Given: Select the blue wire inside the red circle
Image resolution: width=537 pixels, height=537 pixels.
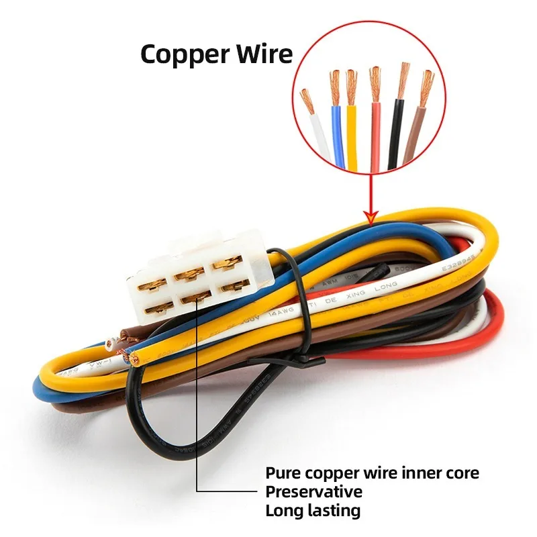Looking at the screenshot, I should (337, 134).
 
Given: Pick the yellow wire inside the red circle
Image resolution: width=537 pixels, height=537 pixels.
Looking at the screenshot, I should (352, 134).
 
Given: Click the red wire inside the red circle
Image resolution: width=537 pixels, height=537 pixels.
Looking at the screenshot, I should (375, 134).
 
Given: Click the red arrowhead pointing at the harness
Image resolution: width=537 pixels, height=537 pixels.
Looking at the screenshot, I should (369, 215).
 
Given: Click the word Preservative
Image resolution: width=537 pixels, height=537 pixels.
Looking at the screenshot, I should (313, 492).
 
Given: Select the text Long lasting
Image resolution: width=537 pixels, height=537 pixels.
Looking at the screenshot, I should (313, 511).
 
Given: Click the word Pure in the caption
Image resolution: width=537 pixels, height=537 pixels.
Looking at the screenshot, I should (283, 473).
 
